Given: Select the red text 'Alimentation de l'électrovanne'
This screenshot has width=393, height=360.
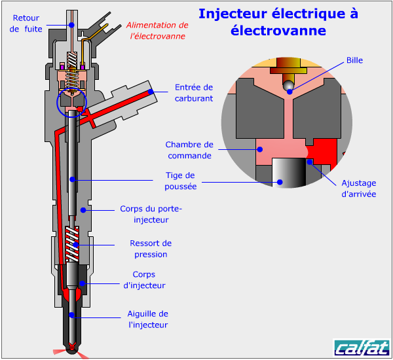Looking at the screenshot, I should coord(157,31).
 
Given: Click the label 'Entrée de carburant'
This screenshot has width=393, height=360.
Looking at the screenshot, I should coord(194,92).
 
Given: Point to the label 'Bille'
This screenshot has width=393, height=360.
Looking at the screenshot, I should coord(354,60).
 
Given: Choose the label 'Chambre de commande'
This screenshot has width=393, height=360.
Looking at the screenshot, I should coord(189,150).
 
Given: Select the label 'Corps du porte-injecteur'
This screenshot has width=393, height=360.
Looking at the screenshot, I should coord(151,214).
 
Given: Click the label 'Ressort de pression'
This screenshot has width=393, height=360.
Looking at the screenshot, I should coord(151,249).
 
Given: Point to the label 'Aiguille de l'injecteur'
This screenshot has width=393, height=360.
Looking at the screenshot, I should coord(148,319).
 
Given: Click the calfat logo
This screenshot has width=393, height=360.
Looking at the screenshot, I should coord(360,347).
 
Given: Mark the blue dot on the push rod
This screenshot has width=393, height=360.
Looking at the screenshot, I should coord(72,178).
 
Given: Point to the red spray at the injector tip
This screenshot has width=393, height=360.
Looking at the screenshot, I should coord(72,353).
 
